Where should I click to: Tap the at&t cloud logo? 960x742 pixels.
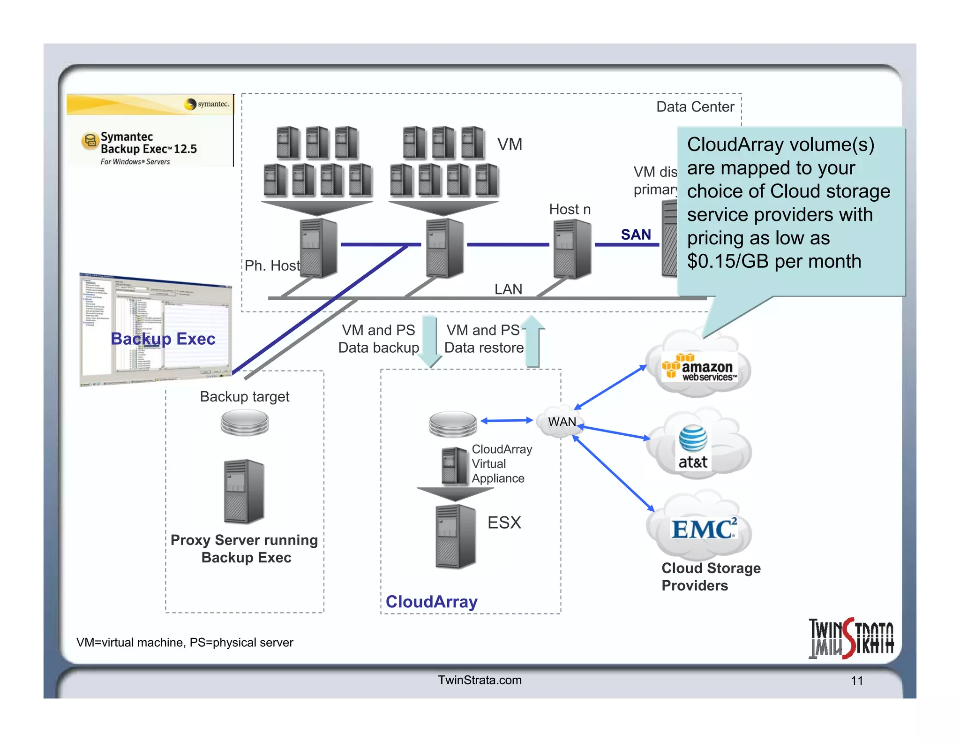point(693,447)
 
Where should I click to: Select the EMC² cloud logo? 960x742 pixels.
point(703,529)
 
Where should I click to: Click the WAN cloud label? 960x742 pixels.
point(562,422)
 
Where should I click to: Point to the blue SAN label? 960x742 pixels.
point(636,235)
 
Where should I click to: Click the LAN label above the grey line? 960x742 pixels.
point(508,289)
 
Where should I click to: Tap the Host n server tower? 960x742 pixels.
point(572,249)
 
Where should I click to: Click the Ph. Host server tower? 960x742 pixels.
point(318,248)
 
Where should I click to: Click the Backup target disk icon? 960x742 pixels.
point(245,422)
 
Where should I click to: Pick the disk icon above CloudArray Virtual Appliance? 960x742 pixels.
point(452,424)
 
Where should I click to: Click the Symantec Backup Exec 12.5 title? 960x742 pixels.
point(148,143)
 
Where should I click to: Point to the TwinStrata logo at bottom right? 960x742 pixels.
point(851,638)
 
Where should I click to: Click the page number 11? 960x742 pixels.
point(857,681)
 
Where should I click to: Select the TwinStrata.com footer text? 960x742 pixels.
point(480,680)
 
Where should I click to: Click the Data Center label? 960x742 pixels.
point(695,107)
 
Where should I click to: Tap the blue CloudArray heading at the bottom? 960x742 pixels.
point(431,602)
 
